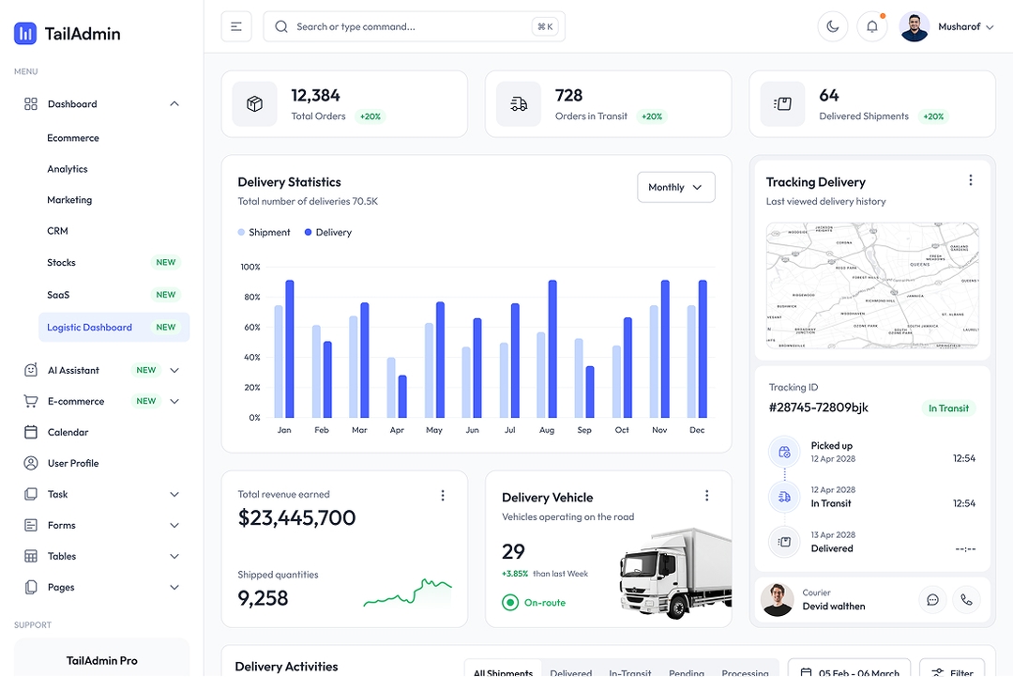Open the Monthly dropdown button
[675, 188]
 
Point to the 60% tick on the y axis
[250, 328]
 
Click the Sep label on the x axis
[584, 430]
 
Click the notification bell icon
[871, 27]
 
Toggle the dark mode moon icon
[832, 27]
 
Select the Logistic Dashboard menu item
[90, 328]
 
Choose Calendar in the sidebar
[68, 433]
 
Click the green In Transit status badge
[948, 408]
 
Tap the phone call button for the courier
[966, 600]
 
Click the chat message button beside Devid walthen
[932, 600]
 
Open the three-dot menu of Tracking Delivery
[970, 181]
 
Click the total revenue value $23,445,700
[297, 518]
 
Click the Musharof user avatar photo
[914, 27]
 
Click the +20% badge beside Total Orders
[370, 117]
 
